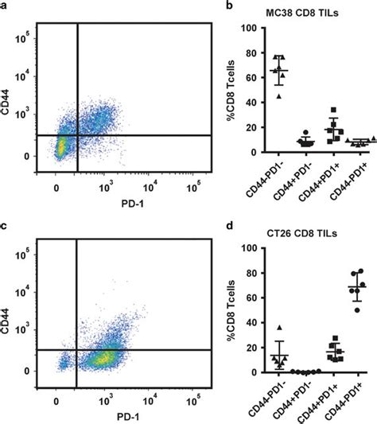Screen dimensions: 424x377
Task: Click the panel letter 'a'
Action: click(x=6, y=7)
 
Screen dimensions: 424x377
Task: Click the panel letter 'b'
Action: click(x=231, y=7)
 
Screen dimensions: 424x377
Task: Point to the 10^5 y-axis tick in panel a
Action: click(x=25, y=37)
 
